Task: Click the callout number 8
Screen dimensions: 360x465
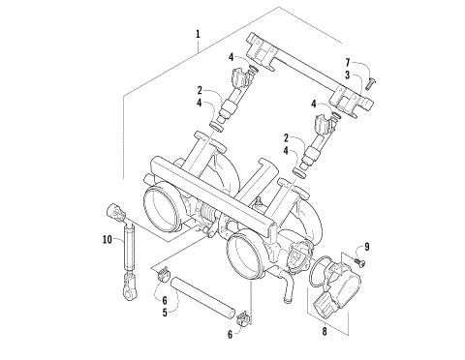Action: tap(325, 331)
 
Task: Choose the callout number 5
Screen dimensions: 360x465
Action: tap(165, 314)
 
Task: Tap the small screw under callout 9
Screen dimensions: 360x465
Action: tap(357, 261)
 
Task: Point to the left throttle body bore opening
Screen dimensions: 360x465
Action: tap(161, 206)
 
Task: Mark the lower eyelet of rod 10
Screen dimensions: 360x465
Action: tap(127, 287)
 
